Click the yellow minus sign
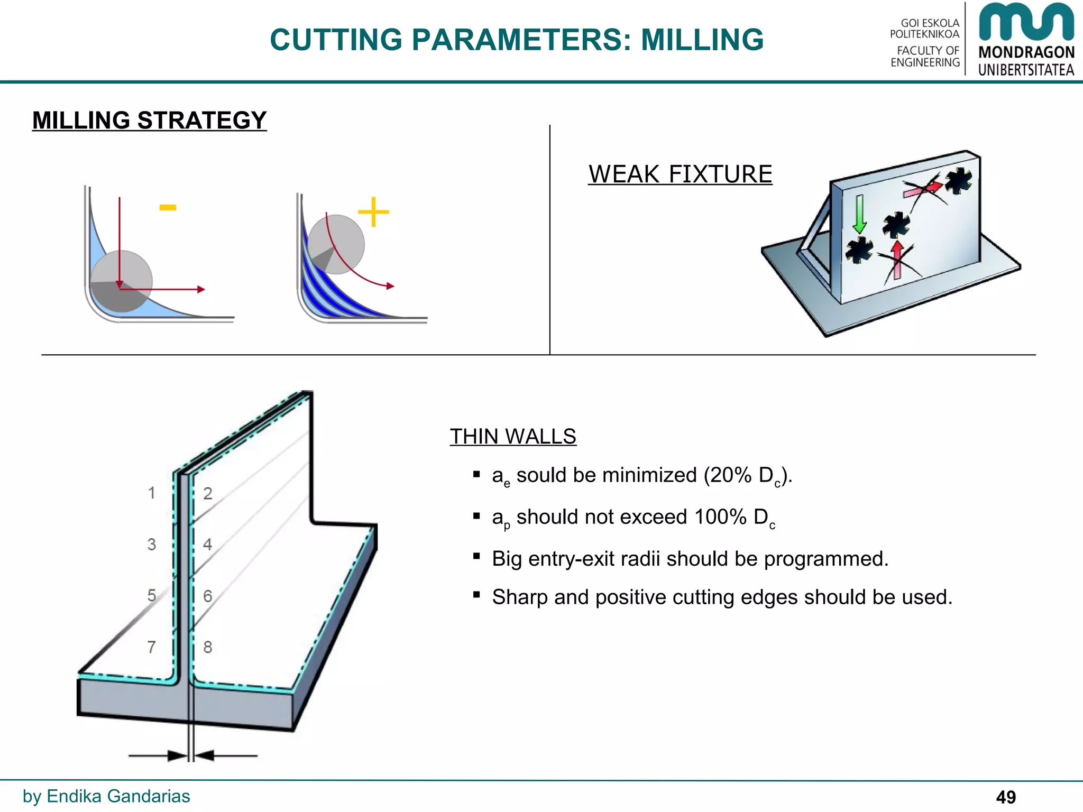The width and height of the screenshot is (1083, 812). click(x=168, y=208)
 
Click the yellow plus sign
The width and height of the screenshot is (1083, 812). click(x=373, y=212)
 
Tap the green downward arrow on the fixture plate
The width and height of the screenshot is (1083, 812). click(x=859, y=214)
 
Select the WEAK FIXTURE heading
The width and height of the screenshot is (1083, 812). click(x=680, y=174)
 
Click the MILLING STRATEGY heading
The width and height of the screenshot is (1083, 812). click(x=149, y=121)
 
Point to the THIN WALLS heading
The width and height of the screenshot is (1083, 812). click(x=512, y=437)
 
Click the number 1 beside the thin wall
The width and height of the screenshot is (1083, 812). click(x=152, y=493)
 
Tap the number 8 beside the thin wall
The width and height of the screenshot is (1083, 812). click(x=208, y=647)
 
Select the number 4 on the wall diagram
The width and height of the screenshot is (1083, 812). click(x=208, y=544)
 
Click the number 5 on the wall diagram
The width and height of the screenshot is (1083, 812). click(x=152, y=595)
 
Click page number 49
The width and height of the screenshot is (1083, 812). click(x=1006, y=797)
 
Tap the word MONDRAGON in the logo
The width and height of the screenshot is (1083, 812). click(x=1026, y=52)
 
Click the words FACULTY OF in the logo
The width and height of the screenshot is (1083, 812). click(x=928, y=51)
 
